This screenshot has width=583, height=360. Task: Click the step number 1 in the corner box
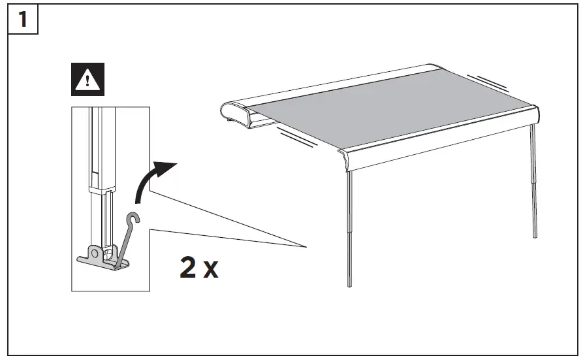coord(23,19)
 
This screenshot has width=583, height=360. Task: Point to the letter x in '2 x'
coord(211,270)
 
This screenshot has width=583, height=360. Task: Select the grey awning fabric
coord(392,108)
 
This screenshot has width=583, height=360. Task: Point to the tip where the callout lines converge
coord(306,246)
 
